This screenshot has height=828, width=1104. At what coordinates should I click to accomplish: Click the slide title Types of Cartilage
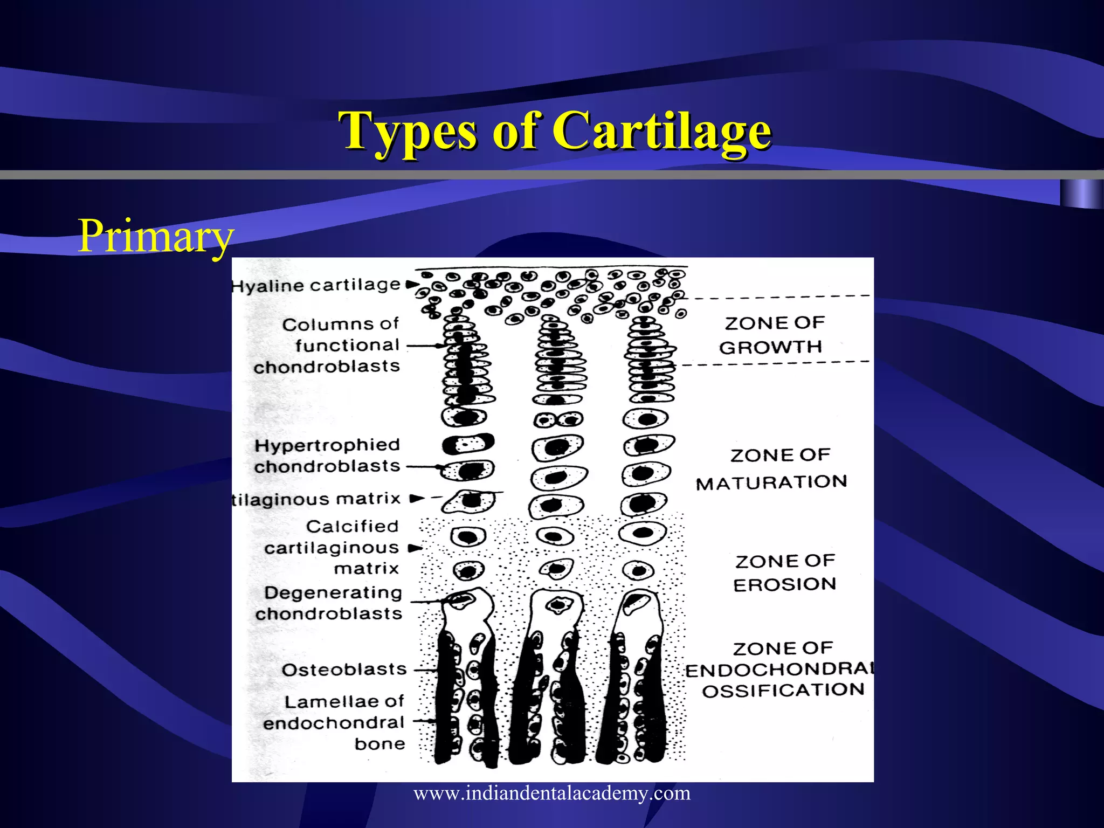(555, 131)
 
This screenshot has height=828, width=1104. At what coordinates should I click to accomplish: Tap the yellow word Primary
(155, 236)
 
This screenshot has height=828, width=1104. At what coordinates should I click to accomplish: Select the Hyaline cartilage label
(316, 285)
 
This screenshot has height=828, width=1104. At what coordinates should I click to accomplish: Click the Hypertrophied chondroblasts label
(327, 456)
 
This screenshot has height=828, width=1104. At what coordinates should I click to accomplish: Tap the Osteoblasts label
(344, 670)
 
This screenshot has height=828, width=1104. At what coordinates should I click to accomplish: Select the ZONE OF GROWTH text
(773, 335)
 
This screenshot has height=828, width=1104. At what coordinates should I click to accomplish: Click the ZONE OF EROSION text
(785, 572)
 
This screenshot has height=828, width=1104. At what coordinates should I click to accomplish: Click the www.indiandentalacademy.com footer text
(552, 793)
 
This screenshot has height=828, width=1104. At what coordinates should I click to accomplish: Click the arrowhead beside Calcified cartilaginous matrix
(415, 549)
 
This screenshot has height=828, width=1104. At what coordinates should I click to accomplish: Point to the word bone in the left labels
(379, 744)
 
